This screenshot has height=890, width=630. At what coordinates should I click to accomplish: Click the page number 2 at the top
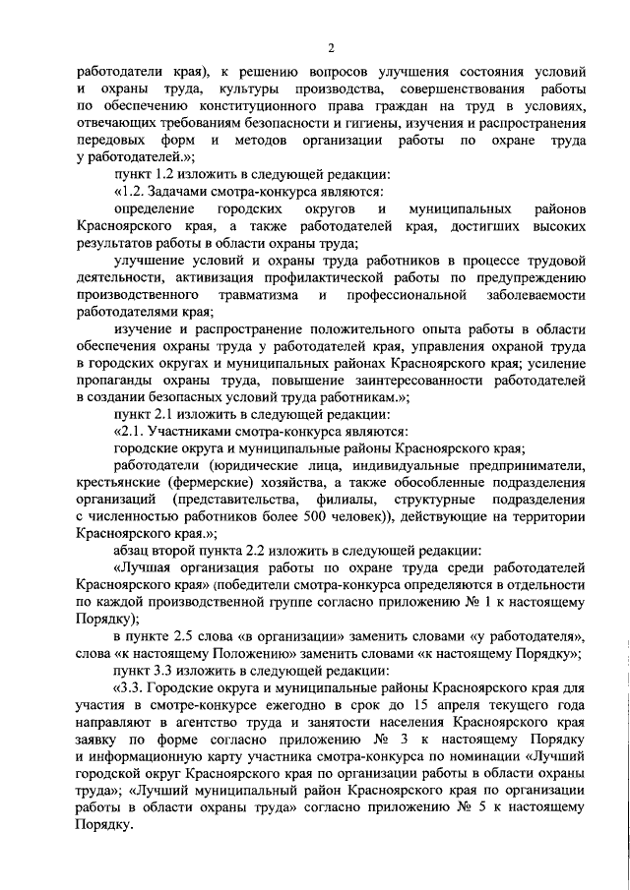(332, 47)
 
